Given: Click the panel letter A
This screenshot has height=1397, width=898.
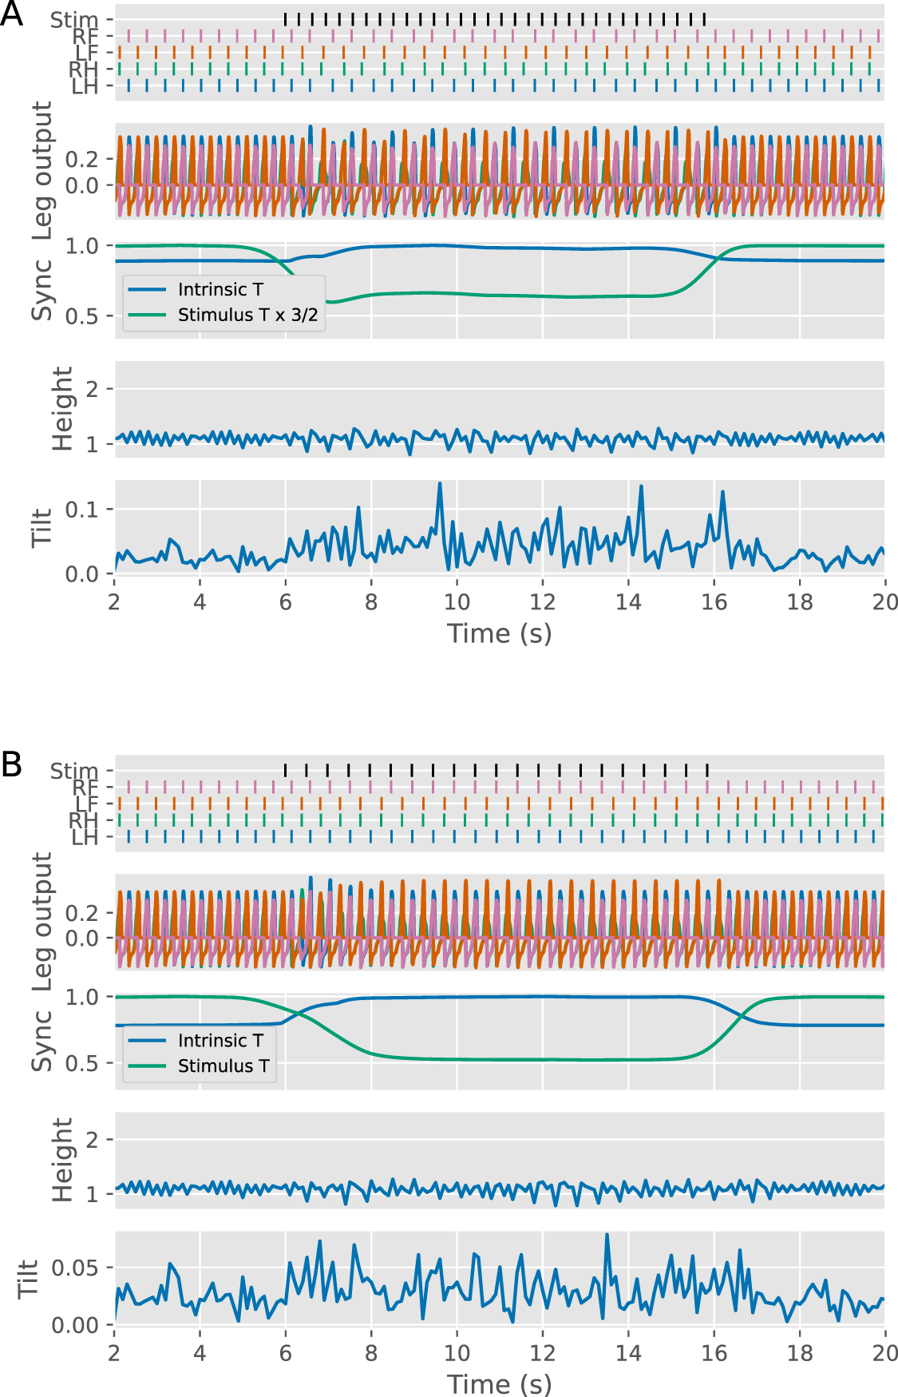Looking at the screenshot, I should tap(11, 14).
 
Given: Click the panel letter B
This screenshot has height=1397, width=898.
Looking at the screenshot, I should tap(11, 764).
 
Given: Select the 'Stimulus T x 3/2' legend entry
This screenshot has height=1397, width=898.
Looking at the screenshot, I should tap(247, 315).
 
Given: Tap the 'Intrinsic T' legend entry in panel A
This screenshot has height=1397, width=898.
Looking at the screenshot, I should tap(220, 289).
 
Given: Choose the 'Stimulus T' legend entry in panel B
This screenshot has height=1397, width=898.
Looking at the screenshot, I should tap(224, 1066).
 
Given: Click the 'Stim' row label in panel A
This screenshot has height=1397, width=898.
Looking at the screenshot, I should tap(73, 19).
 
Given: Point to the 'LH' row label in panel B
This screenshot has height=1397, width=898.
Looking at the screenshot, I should tap(84, 838).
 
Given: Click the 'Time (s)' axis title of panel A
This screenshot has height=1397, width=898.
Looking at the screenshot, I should tap(500, 633).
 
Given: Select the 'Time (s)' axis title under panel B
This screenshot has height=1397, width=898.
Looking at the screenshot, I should tap(500, 1383).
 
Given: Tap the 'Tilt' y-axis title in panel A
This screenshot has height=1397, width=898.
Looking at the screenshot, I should tap(42, 527).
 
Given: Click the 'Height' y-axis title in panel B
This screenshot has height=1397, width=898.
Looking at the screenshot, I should tap(62, 1159).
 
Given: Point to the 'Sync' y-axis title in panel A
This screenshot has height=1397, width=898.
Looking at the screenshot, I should tap(42, 289).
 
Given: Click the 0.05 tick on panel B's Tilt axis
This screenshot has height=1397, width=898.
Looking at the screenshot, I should tap(74, 1268).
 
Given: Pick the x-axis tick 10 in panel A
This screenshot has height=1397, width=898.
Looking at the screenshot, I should tap(457, 602).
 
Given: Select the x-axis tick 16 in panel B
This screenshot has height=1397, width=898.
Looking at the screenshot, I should tap(714, 1353).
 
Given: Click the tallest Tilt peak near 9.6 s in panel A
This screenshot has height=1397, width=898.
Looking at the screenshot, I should tap(440, 483).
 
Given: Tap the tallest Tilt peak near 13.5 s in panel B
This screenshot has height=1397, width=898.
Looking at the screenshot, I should tap(607, 1235).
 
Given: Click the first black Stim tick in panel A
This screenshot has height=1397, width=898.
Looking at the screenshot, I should tap(286, 19).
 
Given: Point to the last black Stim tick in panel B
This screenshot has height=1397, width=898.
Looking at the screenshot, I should tap(707, 770).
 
